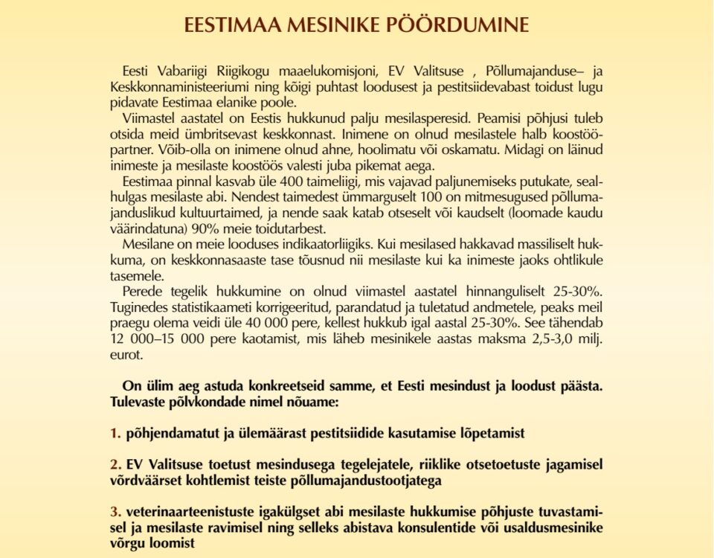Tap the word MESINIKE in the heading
[335, 24]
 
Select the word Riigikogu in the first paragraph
[219, 71]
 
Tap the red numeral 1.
[115, 433]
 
